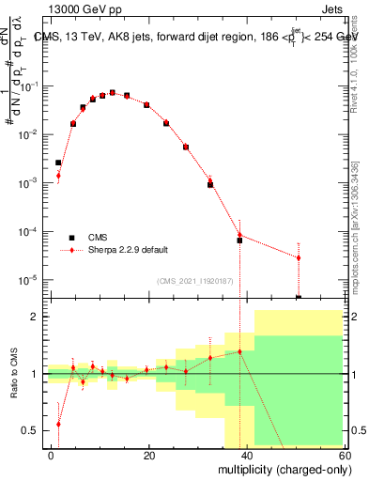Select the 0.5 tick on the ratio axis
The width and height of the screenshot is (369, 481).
(30, 430)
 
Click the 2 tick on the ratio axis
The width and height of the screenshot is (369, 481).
(36, 317)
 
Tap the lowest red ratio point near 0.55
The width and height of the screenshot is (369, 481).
(58, 424)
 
